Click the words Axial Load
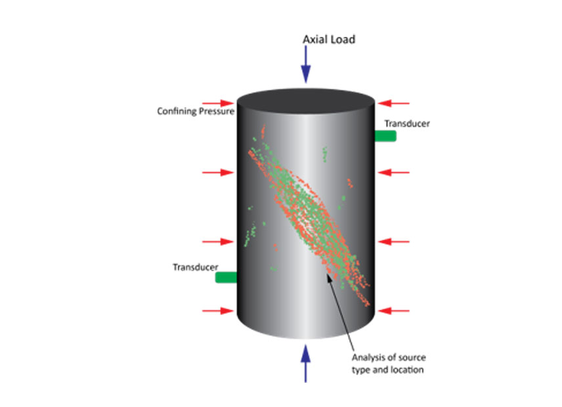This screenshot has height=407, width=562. pos(329,39)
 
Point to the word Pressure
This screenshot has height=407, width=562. pos(214,111)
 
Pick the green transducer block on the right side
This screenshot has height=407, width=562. pos(385,136)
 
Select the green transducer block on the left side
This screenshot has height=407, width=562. pos(226,278)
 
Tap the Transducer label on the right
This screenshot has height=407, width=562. pos(407,123)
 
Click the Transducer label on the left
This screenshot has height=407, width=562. pos(194,267)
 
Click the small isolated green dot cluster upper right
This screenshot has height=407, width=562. pos(324,154)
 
